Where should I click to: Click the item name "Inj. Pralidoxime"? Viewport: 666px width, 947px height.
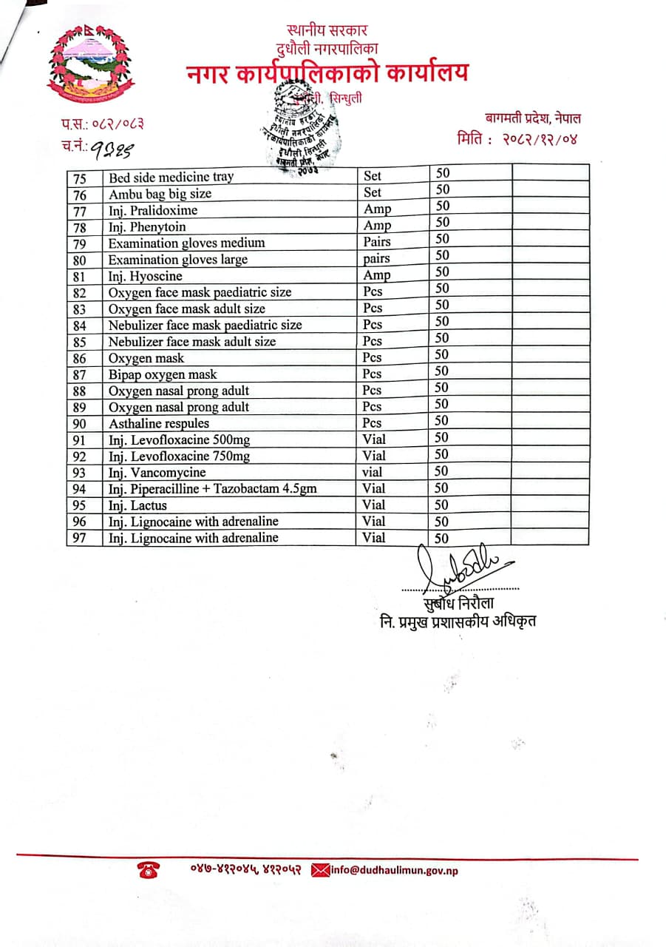point(153,210)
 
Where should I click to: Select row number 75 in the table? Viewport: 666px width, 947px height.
point(80,178)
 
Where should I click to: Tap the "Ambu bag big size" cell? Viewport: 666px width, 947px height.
point(160,194)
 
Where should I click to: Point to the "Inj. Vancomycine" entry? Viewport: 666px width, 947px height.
point(157,472)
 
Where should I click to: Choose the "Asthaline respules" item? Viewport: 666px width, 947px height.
point(159,423)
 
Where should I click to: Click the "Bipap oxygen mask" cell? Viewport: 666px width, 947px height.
point(163,374)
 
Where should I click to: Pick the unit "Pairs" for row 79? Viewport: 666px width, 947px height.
point(377,242)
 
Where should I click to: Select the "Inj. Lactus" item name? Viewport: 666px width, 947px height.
point(137,505)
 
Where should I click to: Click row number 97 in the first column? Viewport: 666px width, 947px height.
point(80,538)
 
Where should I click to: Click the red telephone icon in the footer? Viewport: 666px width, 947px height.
point(147,871)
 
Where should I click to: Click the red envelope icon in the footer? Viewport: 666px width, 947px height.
point(320,870)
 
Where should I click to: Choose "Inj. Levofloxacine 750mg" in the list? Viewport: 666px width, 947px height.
point(179,456)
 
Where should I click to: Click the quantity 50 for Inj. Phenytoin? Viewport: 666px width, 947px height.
point(442,222)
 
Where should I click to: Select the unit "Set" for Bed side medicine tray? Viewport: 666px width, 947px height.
point(373,176)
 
